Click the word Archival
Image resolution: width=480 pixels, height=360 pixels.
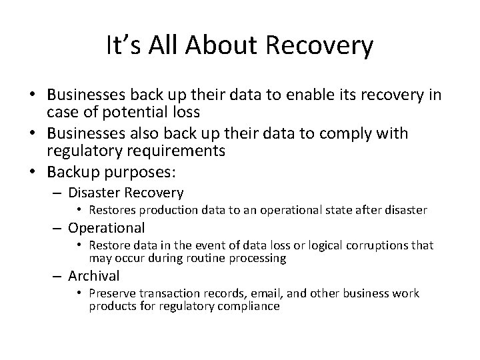94,276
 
